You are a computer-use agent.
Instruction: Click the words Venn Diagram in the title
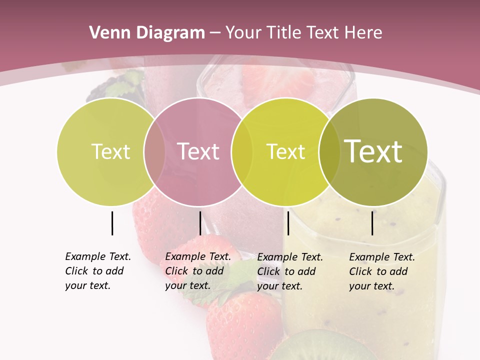point(147,33)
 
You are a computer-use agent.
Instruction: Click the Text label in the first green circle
point(110,151)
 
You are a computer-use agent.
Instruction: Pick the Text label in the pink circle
point(198,151)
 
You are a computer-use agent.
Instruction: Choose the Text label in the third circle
point(285,151)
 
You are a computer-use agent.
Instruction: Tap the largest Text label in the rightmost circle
point(373,151)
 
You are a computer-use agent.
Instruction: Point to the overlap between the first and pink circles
point(154,152)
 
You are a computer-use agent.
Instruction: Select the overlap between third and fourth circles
point(328,152)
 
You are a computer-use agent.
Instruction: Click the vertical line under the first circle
point(112,223)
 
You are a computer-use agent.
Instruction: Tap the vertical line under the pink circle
point(200,223)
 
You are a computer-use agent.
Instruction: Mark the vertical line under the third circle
point(288,223)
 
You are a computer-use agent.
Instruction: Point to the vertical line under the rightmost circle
point(372,223)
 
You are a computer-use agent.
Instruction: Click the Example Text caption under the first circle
point(98,271)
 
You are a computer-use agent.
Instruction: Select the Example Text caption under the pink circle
point(198,271)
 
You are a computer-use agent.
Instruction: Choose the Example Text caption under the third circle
point(290,271)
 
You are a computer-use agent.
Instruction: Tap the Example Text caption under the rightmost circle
point(382,271)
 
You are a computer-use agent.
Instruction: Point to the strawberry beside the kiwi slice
point(242,325)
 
